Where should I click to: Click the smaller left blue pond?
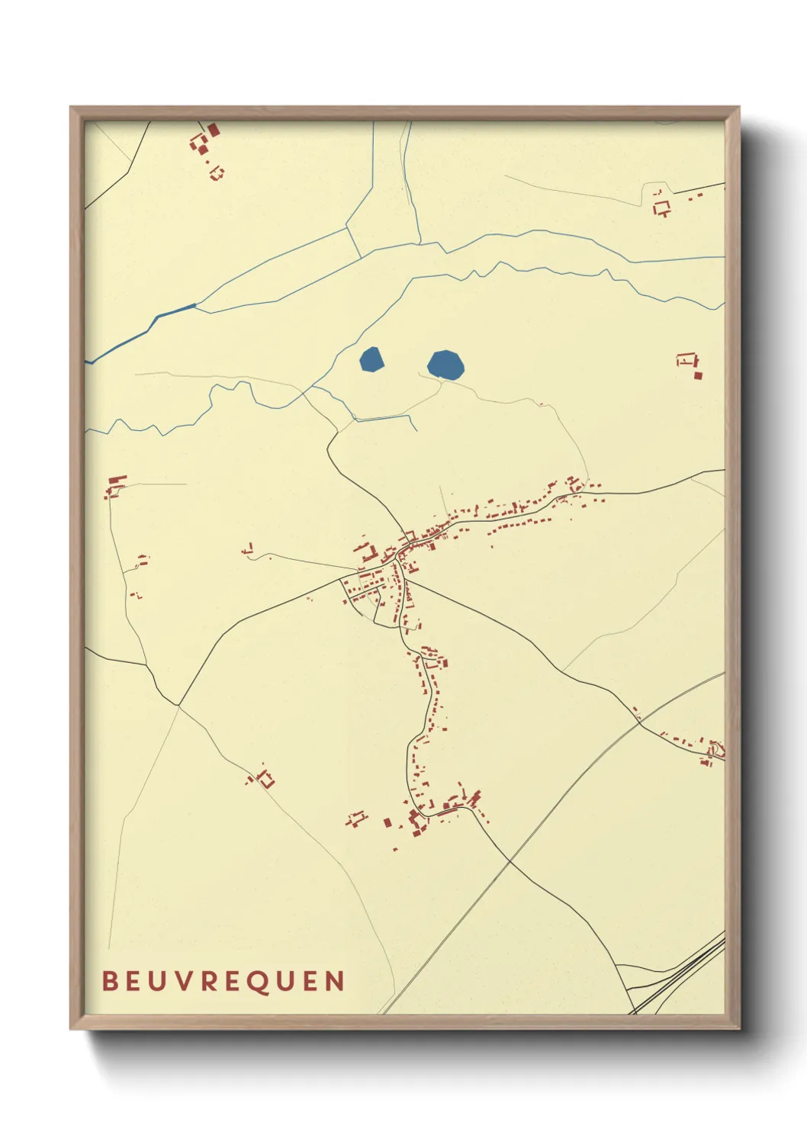click(x=371, y=359)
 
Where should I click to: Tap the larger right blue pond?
click(x=445, y=365)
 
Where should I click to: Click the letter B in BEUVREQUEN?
click(x=110, y=981)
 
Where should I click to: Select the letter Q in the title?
click(x=257, y=982)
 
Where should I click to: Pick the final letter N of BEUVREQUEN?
click(x=336, y=981)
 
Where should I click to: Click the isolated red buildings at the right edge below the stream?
click(x=690, y=365)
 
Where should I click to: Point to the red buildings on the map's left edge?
click(x=115, y=486)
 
